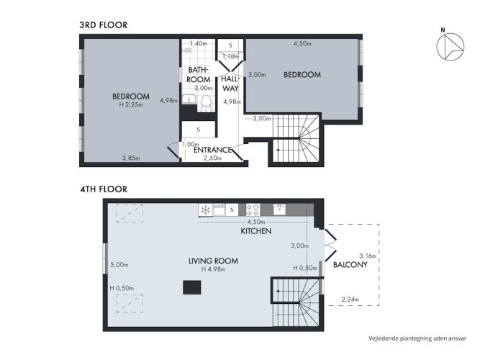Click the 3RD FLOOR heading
[x=104, y=24]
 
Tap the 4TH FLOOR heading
[x=104, y=189]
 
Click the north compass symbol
[x=450, y=46]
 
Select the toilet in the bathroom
[x=206, y=103]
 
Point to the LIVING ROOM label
[x=213, y=261]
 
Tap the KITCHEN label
[x=256, y=230]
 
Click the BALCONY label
[x=350, y=264]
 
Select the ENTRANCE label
[x=213, y=150]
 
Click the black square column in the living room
[x=192, y=287]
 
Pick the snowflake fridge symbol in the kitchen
[x=205, y=210]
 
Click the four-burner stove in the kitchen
[x=253, y=210]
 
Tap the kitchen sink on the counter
[x=279, y=210]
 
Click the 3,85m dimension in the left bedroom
[x=131, y=158]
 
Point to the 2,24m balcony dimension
[x=350, y=300]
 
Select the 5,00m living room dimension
[x=119, y=265]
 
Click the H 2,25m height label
[x=131, y=104]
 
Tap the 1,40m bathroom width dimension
[x=199, y=43]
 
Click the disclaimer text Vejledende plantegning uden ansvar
[x=417, y=338]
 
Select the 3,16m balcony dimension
[x=368, y=256]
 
